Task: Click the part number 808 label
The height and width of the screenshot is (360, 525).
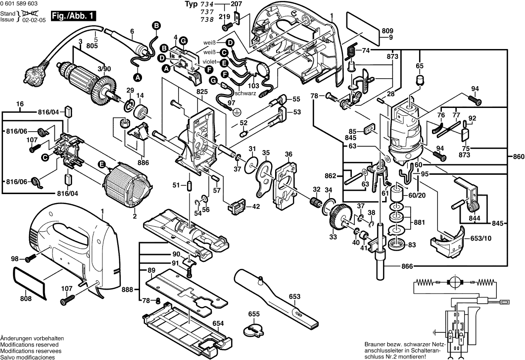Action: (26, 299)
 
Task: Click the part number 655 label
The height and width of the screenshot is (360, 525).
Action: (254, 314)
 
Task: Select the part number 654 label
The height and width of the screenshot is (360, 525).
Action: (218, 323)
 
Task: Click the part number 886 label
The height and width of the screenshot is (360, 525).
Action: (143, 162)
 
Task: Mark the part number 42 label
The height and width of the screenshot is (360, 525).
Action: (256, 206)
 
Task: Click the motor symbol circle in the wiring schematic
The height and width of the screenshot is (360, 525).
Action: (454, 283)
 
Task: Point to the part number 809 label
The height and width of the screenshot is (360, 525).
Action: (387, 31)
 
